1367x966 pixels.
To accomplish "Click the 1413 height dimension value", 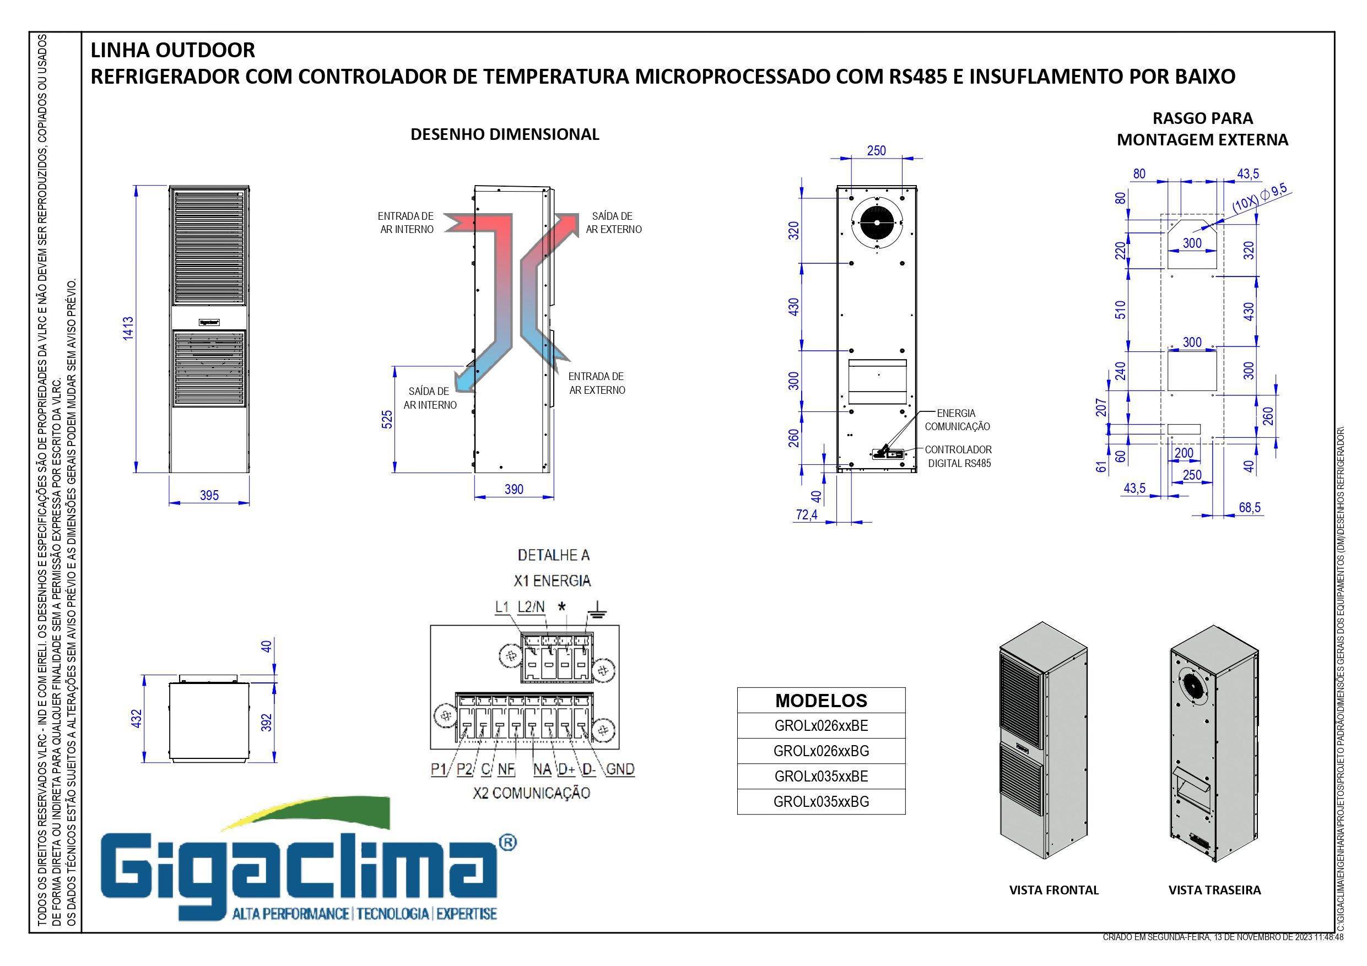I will [x=128, y=329].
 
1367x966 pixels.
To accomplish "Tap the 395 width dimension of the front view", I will [x=209, y=495].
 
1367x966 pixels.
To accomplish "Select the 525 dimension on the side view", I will [x=387, y=420].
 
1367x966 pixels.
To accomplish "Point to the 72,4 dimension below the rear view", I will [x=807, y=515].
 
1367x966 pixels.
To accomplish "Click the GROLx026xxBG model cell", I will [x=821, y=751].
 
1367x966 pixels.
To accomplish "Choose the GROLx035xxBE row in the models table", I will [x=821, y=777].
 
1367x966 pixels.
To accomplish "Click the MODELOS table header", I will [x=821, y=701].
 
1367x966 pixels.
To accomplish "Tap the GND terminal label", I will [x=620, y=769].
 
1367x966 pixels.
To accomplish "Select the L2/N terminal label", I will [x=531, y=606].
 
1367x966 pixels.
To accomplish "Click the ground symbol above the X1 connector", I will [x=597, y=607].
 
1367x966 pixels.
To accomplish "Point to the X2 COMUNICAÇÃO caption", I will [x=531, y=793].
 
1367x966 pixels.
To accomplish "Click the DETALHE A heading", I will [x=553, y=555].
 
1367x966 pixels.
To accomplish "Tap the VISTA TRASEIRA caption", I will [x=1214, y=891].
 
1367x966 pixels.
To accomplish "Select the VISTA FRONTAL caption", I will [x=1054, y=891].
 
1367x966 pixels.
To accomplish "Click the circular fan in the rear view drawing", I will [x=877, y=222].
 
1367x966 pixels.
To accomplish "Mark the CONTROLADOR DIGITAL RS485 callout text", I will [x=959, y=457].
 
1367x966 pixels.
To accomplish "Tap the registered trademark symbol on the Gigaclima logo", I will [x=507, y=843].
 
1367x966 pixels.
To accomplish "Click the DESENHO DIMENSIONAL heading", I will [x=505, y=134].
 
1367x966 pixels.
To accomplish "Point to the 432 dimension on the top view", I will [x=136, y=718].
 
